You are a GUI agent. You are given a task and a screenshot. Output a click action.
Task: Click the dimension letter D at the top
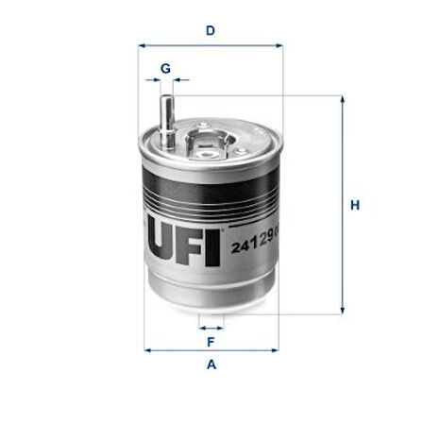211,30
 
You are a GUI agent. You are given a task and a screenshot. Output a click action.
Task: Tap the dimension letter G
165,68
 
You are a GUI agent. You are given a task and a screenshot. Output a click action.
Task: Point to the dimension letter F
211,341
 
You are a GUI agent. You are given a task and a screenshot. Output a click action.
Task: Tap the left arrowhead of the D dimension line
143,44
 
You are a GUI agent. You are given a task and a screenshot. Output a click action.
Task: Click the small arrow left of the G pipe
151,81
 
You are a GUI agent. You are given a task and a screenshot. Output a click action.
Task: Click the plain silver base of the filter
211,293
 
